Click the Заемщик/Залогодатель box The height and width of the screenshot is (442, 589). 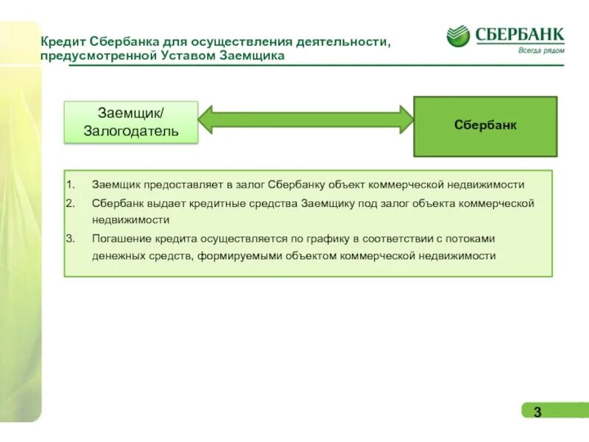click(131, 122)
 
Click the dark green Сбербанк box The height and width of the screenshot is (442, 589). click(485, 126)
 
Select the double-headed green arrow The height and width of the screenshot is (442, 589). click(306, 119)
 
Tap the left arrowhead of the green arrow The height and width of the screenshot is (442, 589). click(206, 119)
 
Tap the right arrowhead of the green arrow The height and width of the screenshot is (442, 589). click(406, 119)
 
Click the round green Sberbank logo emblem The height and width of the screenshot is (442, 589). click(458, 36)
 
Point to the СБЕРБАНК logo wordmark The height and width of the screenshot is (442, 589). click(520, 33)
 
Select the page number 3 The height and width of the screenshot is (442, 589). click(537, 412)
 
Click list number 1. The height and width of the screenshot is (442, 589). click(70, 184)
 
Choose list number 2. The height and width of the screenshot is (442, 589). click(70, 203)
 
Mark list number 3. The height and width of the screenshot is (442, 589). click(70, 239)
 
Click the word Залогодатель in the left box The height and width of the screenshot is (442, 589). click(131, 131)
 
